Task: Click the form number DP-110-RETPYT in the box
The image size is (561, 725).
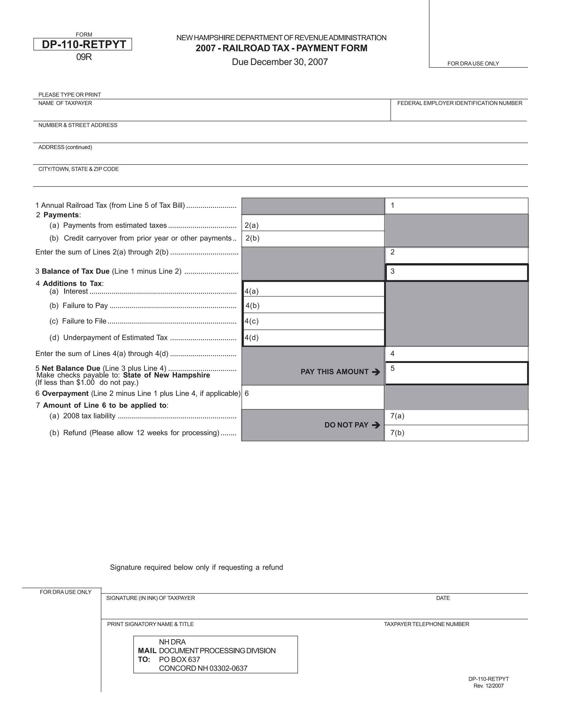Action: [84, 45]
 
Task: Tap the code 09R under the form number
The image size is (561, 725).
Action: [84, 57]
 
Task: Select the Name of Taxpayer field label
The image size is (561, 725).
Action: [65, 103]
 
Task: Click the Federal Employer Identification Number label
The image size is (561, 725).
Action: [459, 103]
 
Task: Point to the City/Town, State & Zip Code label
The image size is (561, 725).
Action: [78, 169]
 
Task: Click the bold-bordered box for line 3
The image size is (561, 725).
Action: [457, 272]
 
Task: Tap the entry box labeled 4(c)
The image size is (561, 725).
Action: [313, 321]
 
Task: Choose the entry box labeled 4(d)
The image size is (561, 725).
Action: [313, 338]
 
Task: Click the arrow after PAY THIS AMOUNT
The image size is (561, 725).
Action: [376, 372]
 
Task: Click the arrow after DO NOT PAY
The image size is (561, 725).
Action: [376, 425]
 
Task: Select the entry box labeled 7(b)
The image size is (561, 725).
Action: [457, 433]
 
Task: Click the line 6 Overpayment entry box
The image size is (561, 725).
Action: [313, 397]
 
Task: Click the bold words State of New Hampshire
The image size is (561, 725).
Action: [167, 375]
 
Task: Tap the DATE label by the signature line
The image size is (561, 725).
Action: [443, 598]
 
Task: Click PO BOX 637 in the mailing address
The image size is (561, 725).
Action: [179, 660]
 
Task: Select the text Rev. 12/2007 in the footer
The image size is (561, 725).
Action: [489, 686]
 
